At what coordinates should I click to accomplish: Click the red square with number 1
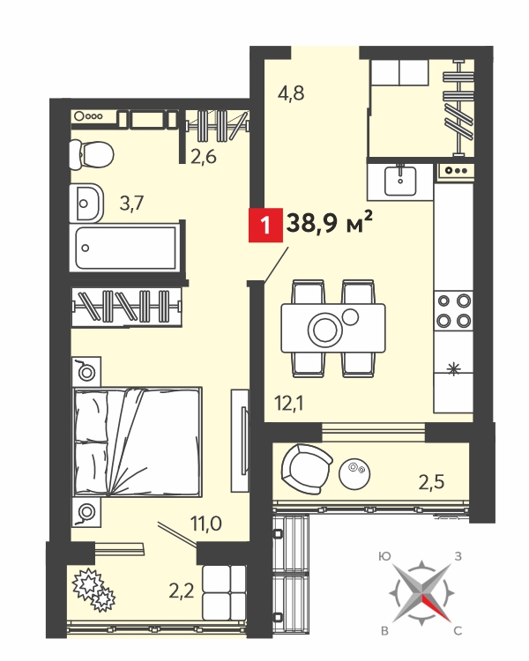265,225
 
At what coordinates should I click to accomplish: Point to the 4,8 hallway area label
291,93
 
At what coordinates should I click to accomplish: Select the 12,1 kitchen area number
289,404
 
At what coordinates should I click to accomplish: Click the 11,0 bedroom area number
205,524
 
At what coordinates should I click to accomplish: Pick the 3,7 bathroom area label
131,204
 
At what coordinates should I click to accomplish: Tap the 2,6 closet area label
204,157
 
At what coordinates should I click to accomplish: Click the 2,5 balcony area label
431,481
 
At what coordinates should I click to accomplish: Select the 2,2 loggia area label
182,591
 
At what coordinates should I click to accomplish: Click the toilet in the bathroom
92,155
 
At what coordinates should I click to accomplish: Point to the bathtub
126,248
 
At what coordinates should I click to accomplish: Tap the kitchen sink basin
400,182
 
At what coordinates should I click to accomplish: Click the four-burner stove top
453,311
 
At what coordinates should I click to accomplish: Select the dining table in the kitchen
333,328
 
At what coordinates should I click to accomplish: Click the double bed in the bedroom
138,442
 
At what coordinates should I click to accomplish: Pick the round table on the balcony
354,473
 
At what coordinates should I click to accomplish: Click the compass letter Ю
384,557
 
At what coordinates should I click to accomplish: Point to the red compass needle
436,608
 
